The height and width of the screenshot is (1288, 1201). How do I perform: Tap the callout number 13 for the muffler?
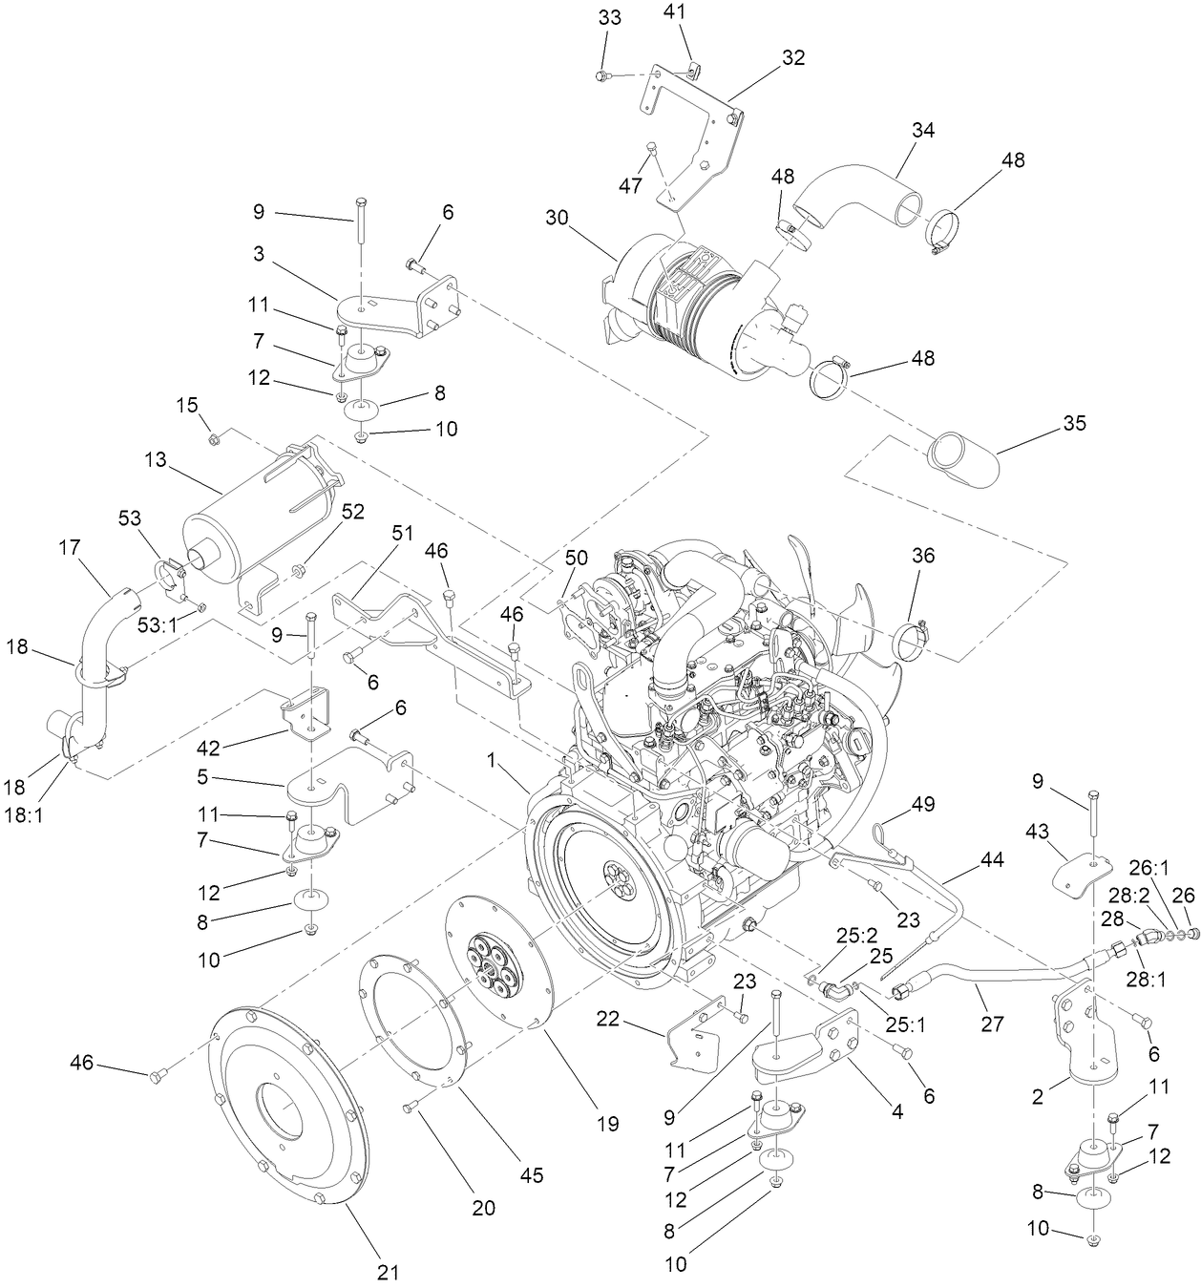tap(156, 459)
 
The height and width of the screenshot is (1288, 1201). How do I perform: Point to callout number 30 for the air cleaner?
tap(557, 218)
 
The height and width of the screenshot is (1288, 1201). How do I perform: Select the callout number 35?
tap(1074, 423)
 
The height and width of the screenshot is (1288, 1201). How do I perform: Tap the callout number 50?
tap(577, 557)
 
